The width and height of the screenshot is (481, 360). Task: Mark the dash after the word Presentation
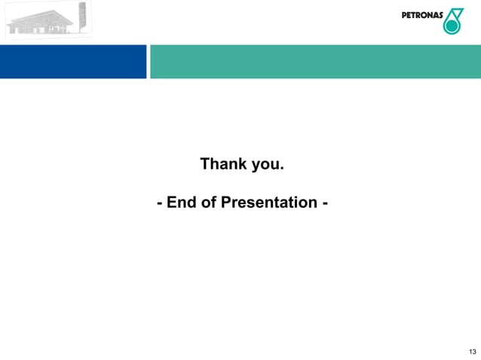point(324,203)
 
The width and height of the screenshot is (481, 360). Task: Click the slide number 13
point(472,352)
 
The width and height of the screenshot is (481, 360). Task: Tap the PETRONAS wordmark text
point(421,17)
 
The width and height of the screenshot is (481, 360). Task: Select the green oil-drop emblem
point(453,21)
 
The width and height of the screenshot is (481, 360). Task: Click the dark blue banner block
point(73,61)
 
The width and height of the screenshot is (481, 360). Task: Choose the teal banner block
point(315,61)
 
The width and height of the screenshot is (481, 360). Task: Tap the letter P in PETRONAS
point(403,17)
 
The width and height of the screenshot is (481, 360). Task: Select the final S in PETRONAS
point(440,17)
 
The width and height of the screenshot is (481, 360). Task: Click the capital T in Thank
point(204,164)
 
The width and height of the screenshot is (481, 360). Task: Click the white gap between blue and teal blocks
point(148,61)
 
